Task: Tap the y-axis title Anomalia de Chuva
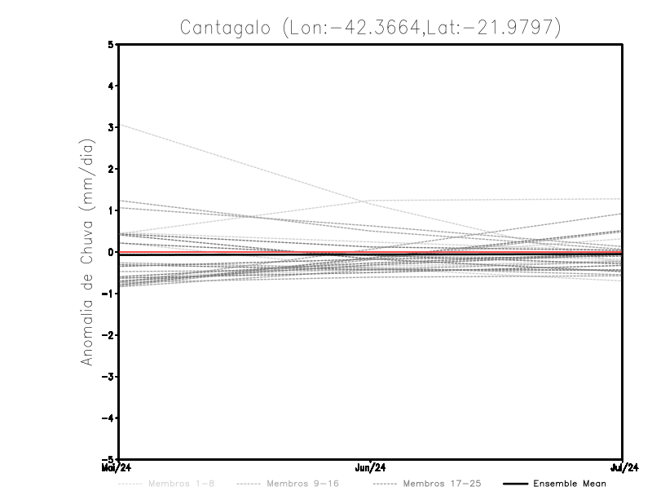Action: (86, 252)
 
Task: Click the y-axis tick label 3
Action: (111, 127)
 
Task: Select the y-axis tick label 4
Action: (111, 86)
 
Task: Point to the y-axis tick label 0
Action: (111, 252)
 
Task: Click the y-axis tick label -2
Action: (108, 335)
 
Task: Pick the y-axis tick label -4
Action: (108, 418)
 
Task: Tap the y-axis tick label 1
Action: (111, 210)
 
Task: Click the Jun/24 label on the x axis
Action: (371, 468)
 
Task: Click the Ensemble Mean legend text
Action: (569, 484)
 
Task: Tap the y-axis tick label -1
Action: (108, 294)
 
